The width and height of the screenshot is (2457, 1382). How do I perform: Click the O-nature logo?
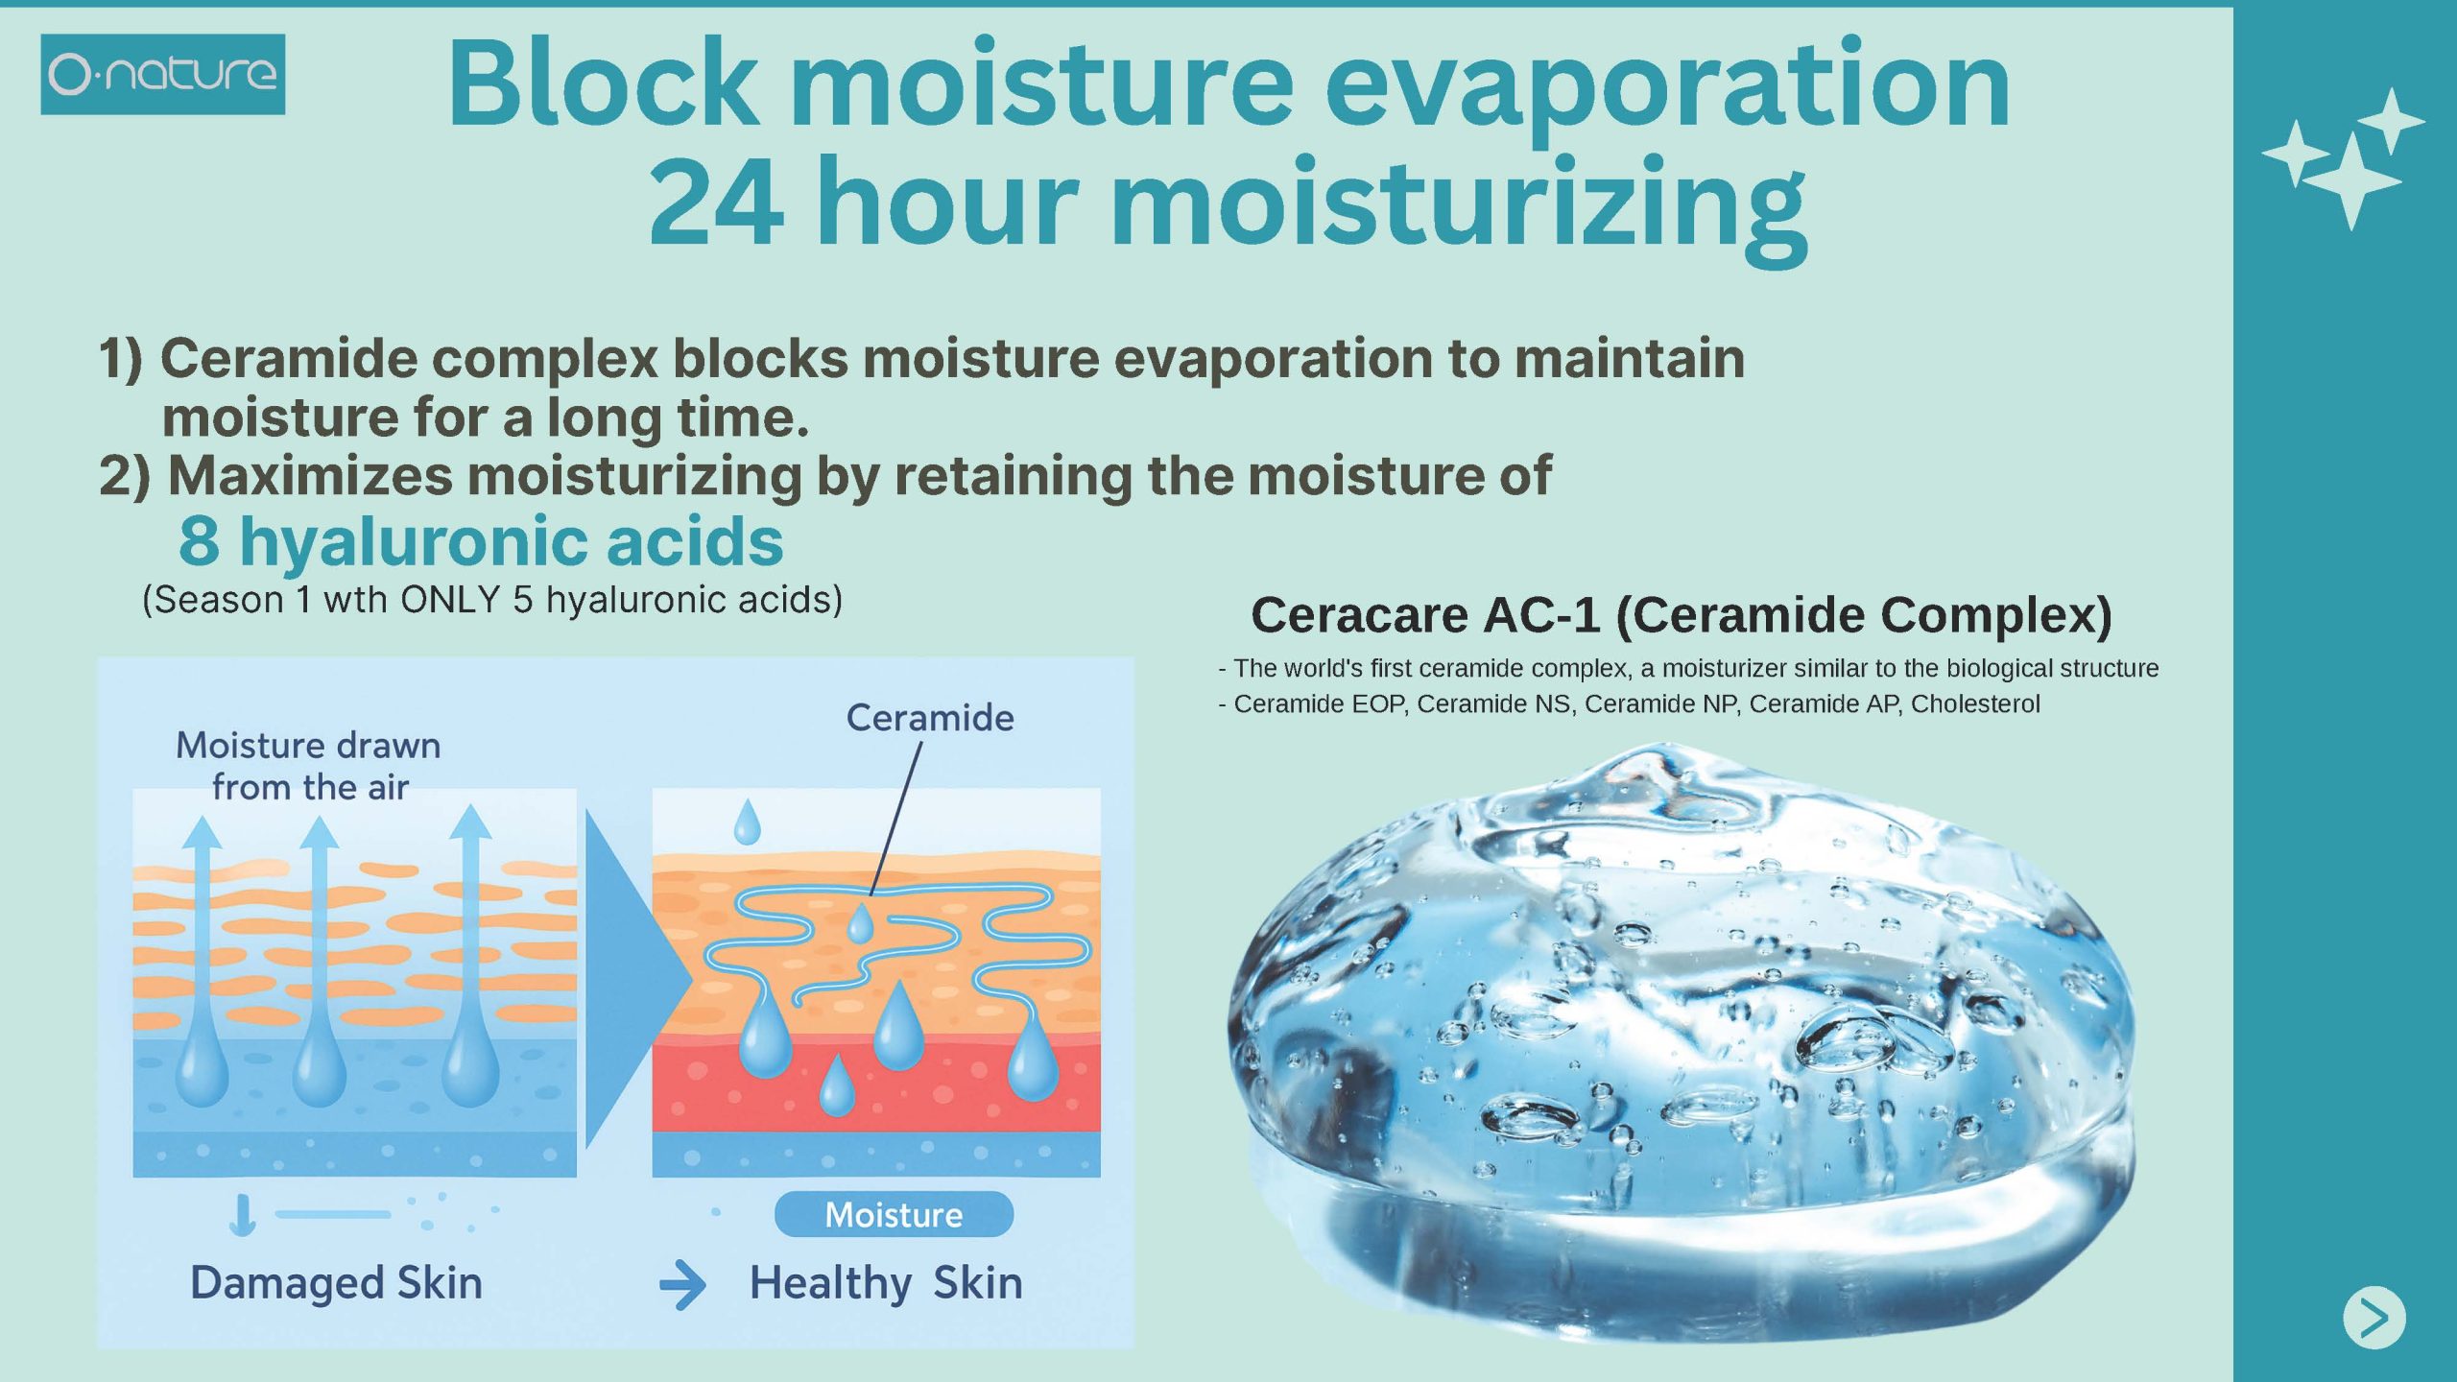coord(162,74)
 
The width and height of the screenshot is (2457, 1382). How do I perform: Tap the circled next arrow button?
coord(2374,1317)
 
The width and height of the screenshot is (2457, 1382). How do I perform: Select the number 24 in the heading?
coord(716,203)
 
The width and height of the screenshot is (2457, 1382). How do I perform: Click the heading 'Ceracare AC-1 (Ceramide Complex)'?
coord(1682,615)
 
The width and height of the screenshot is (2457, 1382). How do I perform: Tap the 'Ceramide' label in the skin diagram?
coord(929,718)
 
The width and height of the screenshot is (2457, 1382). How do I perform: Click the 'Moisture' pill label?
coord(894,1215)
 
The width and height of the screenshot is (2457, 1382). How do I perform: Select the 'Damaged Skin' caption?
coord(336,1283)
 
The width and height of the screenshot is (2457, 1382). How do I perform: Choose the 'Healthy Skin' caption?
coord(886,1283)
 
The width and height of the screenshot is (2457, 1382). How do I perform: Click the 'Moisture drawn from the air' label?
coord(309,766)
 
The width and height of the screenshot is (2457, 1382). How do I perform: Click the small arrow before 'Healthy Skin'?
coord(682,1285)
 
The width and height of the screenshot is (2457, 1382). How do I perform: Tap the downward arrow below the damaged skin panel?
coord(243,1215)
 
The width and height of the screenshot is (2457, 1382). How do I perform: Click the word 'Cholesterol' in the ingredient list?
coord(1975,703)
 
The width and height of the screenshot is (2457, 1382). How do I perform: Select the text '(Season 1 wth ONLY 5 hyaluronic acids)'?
coord(492,600)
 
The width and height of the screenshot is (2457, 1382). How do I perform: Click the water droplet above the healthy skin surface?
coord(747,822)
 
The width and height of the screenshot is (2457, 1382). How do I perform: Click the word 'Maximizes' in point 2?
coord(310,476)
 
